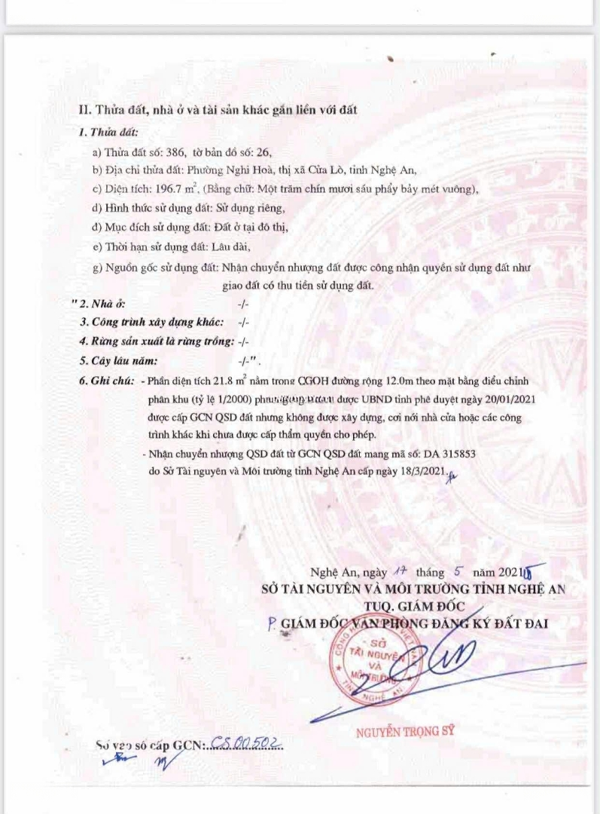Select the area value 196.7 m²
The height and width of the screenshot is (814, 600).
pos(176,188)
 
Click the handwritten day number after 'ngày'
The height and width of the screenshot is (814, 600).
pos(400,572)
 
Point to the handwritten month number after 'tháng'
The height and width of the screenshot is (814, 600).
pos(456,571)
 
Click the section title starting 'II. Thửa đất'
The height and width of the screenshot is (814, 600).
pos(218,110)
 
